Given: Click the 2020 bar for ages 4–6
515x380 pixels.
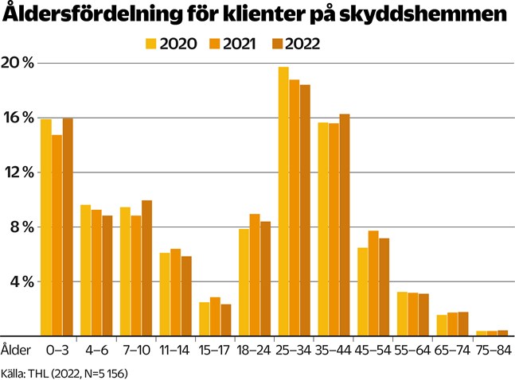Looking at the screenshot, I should point(85,270).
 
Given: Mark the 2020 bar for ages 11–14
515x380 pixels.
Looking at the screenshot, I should point(165,294).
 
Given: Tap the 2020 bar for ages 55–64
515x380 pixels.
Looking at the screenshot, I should point(403,314).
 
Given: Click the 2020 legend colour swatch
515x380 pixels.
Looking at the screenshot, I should point(151,45).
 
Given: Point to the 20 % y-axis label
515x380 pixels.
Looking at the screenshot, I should point(18,64).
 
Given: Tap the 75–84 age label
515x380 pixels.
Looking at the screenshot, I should point(492,348).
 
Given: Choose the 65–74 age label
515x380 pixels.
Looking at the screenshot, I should point(452,348).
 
